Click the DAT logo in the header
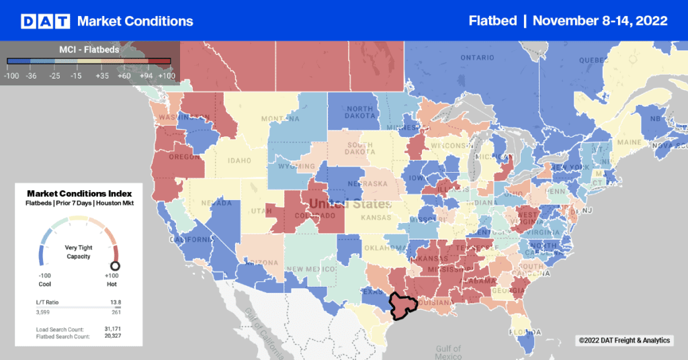point(44,21)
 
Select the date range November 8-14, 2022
point(599,21)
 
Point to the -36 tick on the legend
point(32,76)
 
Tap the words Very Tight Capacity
point(79,251)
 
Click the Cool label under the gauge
point(44,284)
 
